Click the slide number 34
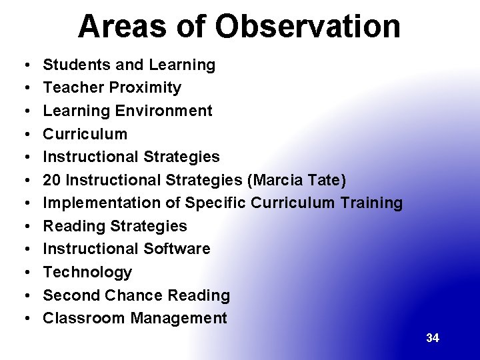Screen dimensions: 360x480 tap(433, 338)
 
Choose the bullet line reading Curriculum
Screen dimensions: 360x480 tap(85, 134)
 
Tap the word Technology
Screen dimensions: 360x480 tap(87, 272)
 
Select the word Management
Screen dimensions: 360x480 tap(179, 318)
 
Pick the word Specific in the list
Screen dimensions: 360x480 tap(215, 203)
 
